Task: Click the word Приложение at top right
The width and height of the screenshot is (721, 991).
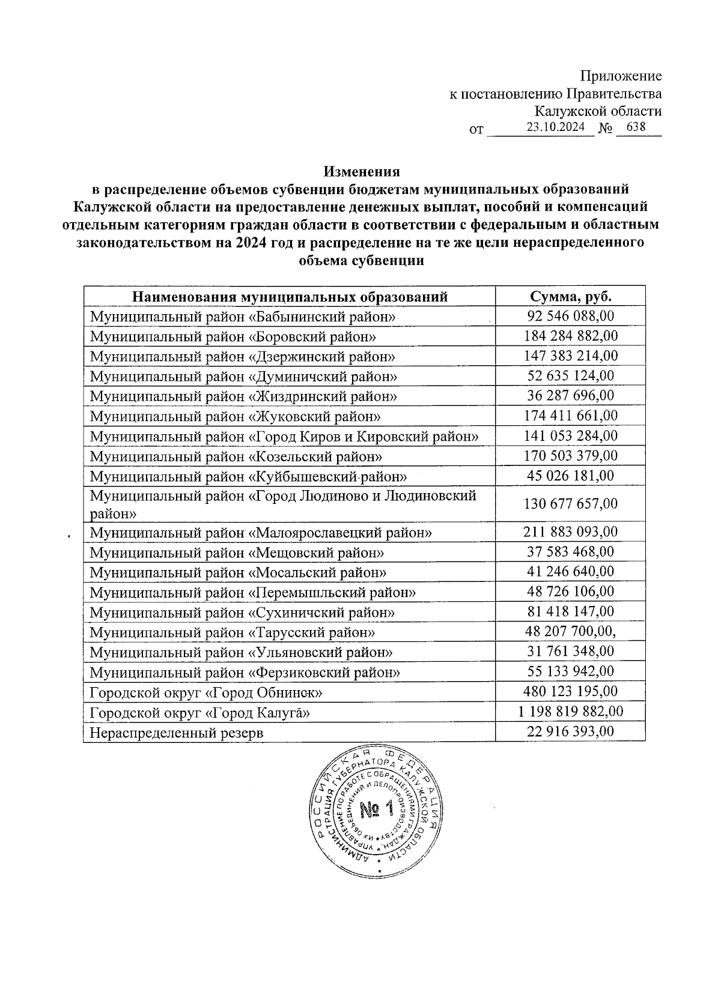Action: click(x=621, y=76)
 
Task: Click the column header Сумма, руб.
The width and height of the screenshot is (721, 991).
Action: click(x=570, y=296)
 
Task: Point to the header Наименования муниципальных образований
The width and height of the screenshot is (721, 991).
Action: click(x=290, y=296)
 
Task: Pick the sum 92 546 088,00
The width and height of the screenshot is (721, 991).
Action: click(x=570, y=316)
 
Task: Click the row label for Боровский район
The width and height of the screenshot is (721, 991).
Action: click(x=233, y=336)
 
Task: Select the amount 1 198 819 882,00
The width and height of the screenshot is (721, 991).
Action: click(x=570, y=712)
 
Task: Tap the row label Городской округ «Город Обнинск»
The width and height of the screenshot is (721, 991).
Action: click(x=206, y=692)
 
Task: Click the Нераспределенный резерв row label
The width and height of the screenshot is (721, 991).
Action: click(x=177, y=732)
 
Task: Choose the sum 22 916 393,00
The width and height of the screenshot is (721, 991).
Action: click(x=570, y=731)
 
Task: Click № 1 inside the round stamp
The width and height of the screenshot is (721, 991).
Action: click(x=377, y=810)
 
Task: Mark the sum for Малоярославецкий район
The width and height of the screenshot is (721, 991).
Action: click(x=570, y=532)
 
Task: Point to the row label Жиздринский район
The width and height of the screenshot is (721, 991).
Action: click(x=243, y=396)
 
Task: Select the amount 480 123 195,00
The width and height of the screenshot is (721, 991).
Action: click(x=570, y=691)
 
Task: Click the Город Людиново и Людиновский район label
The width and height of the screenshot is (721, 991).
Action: click(x=282, y=504)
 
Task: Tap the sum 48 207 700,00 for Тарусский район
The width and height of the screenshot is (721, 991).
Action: click(x=570, y=631)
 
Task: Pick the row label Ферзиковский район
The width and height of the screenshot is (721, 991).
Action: click(x=245, y=672)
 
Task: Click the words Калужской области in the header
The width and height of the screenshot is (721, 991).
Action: click(x=598, y=111)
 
